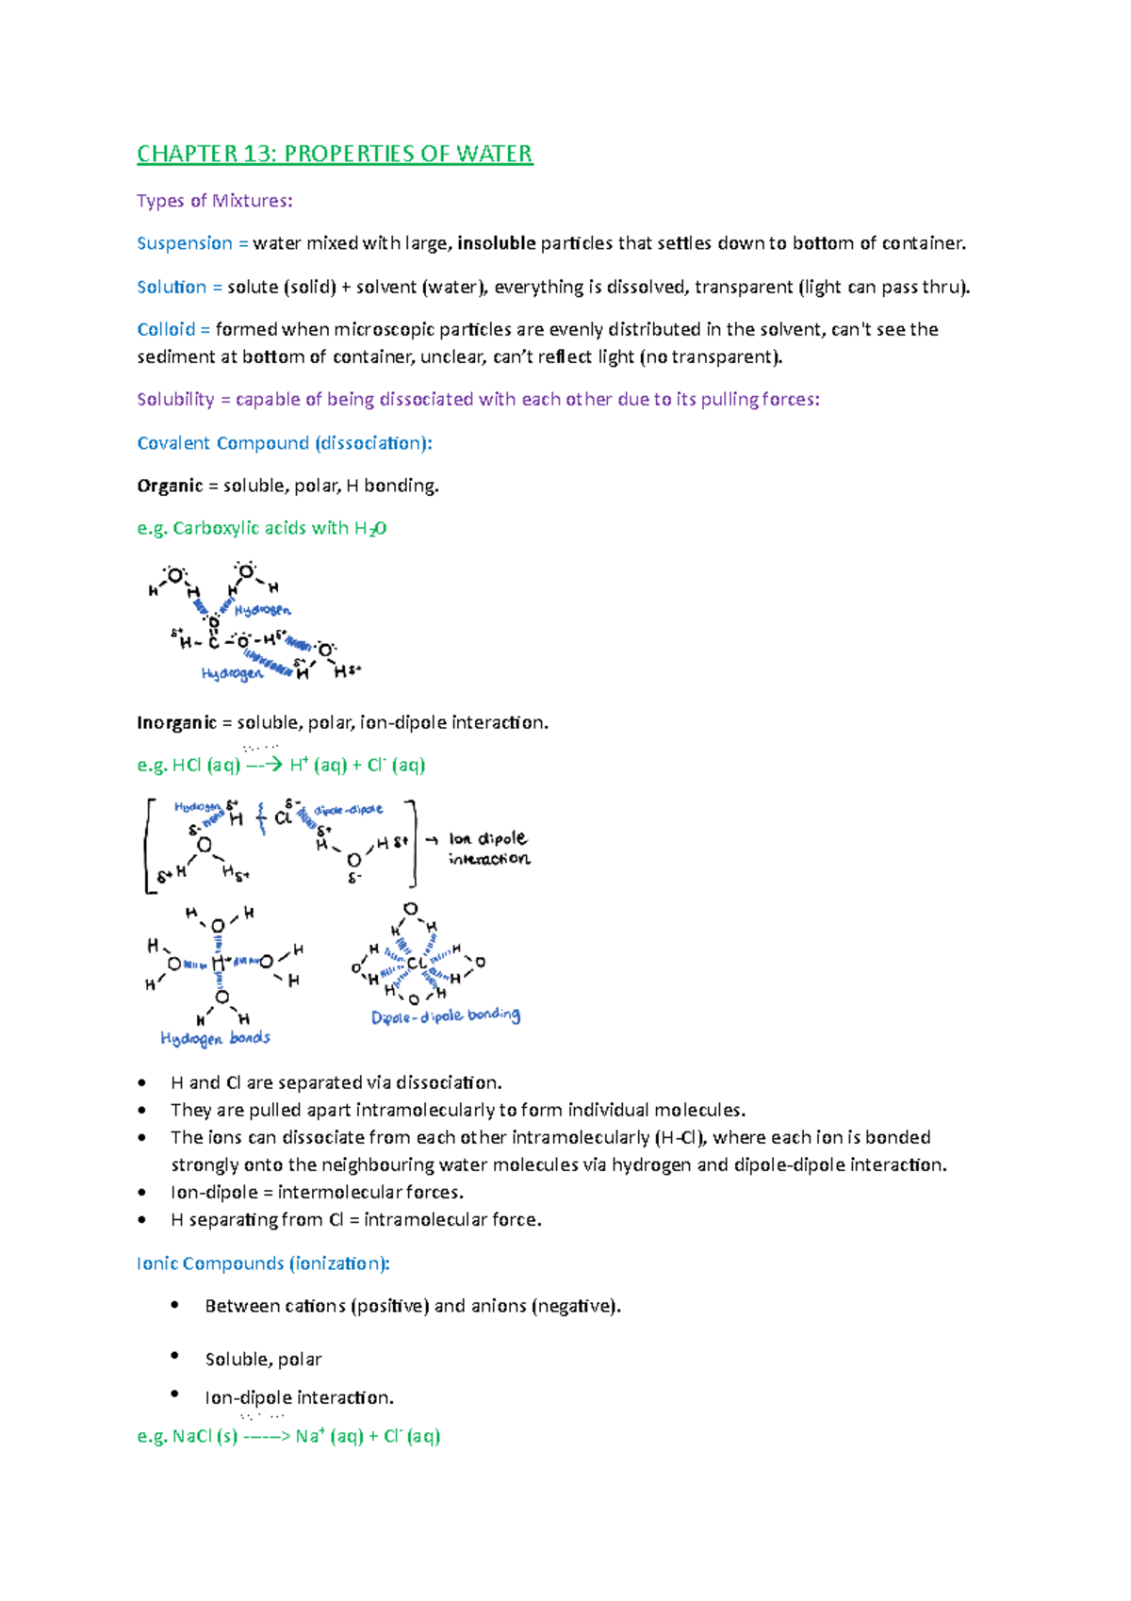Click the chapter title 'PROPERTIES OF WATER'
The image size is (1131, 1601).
click(408, 154)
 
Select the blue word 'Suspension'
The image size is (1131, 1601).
click(185, 243)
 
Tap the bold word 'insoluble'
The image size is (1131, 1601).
click(496, 243)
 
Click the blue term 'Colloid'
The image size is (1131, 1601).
click(166, 329)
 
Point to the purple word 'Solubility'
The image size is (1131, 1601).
click(175, 399)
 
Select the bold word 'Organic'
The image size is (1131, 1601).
click(170, 486)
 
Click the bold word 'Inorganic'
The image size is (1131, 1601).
click(176, 722)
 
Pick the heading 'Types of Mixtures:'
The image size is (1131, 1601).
click(215, 201)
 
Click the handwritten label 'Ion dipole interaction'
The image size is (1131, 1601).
click(488, 849)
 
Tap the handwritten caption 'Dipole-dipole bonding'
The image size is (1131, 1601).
click(445, 1016)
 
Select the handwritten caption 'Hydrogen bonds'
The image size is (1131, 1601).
click(215, 1038)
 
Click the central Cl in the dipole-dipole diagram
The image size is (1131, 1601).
click(416, 964)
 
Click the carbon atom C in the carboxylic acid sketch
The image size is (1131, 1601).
click(214, 643)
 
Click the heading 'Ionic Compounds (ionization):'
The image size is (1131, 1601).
click(263, 1263)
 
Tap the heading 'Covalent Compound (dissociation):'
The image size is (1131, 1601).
click(285, 443)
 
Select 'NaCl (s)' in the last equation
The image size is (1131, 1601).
click(205, 1436)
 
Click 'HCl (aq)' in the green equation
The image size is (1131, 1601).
click(206, 765)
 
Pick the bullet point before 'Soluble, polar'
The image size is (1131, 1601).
click(175, 1356)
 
